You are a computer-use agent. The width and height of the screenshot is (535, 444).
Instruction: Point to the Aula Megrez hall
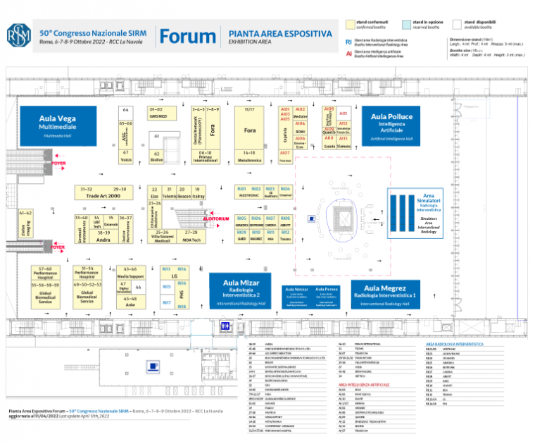pos(390,292)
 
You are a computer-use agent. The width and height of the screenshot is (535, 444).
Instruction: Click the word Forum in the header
pos(187,37)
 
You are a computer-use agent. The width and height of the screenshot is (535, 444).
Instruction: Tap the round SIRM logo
pos(19,36)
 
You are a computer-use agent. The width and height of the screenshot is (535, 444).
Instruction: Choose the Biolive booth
pos(156,156)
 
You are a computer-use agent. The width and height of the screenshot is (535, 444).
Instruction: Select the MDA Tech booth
pos(192,237)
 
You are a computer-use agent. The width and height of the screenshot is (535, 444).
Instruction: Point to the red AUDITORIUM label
pos(216,219)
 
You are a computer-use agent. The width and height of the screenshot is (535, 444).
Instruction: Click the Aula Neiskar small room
pos(296,295)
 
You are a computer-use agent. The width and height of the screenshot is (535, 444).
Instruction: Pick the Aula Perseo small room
pos(327,295)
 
